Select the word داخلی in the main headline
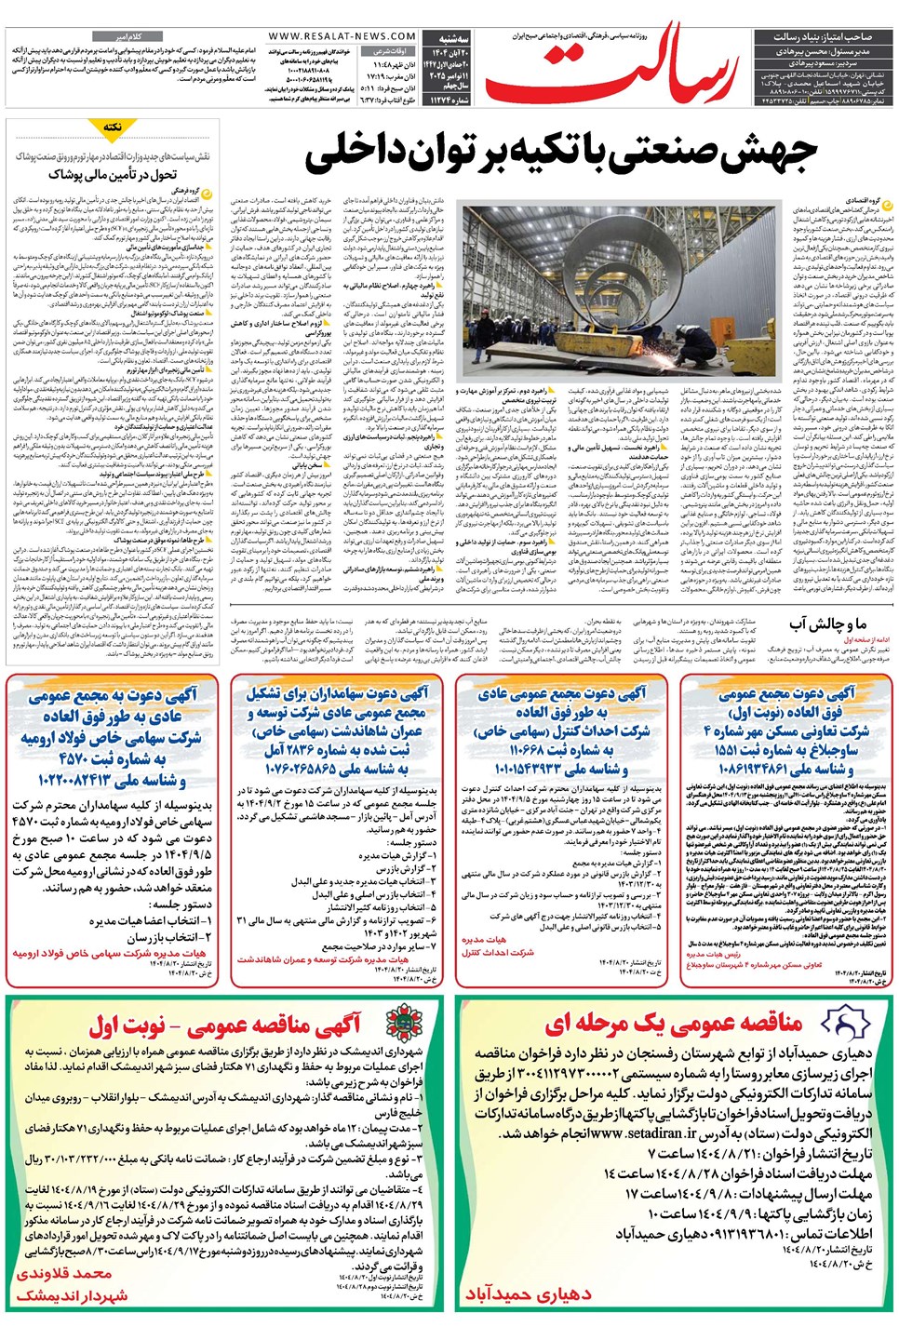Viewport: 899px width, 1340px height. (x=356, y=154)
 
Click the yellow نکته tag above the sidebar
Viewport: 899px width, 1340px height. (x=113, y=127)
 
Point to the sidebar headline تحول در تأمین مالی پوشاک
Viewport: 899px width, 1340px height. (x=113, y=174)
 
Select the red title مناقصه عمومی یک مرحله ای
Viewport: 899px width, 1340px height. (x=672, y=1023)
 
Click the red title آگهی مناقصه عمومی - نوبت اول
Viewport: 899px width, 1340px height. (x=223, y=1025)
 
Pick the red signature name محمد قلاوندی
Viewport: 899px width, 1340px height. (x=64, y=1272)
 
